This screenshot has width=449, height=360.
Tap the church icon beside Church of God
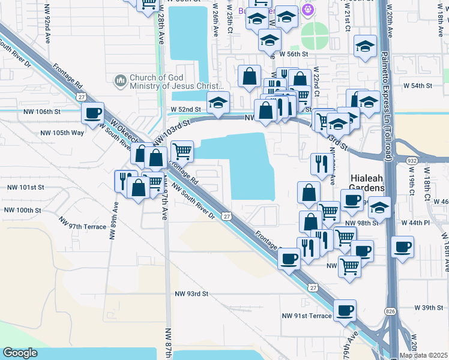coord(120,80)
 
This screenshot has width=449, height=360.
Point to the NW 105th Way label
coord(61,133)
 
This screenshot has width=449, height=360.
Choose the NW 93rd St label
coord(191,294)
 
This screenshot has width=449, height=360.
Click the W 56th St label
coord(297,54)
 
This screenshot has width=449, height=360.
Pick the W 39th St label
coord(429,308)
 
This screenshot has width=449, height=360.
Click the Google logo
coord(20,353)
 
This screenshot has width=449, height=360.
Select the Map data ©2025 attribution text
coord(423,355)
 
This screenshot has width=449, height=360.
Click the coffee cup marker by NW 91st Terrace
coord(345,310)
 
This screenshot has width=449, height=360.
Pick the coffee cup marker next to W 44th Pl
coord(402,246)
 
